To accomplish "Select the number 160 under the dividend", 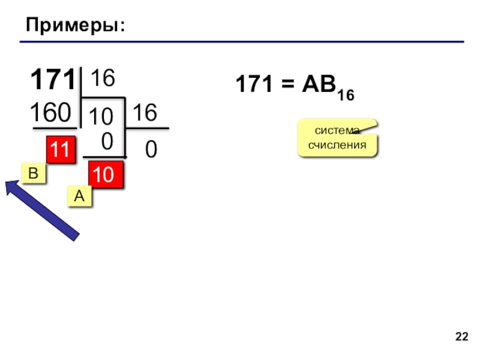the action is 51,112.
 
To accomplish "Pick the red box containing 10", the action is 105,175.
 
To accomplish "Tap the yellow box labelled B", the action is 34,174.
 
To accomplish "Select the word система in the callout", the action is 337,131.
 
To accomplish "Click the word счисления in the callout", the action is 337,145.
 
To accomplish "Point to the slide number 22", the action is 461,336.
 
